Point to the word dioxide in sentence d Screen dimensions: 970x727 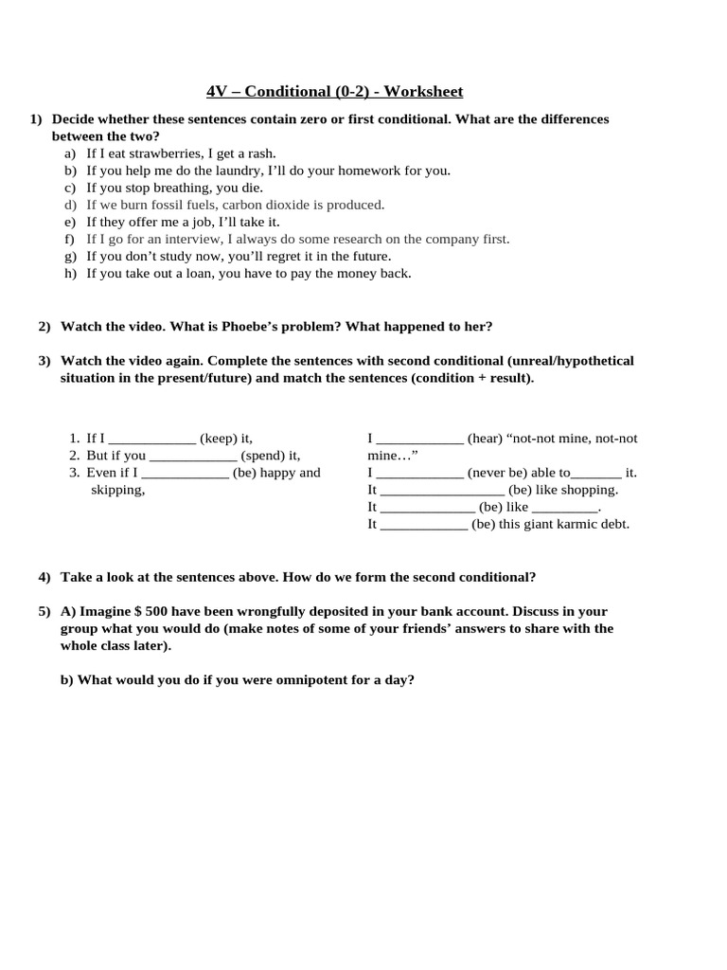(290, 205)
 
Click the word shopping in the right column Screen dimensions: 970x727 (587, 490)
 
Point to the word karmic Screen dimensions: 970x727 (564, 524)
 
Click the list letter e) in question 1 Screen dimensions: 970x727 (70, 222)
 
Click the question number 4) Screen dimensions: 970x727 (44, 577)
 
